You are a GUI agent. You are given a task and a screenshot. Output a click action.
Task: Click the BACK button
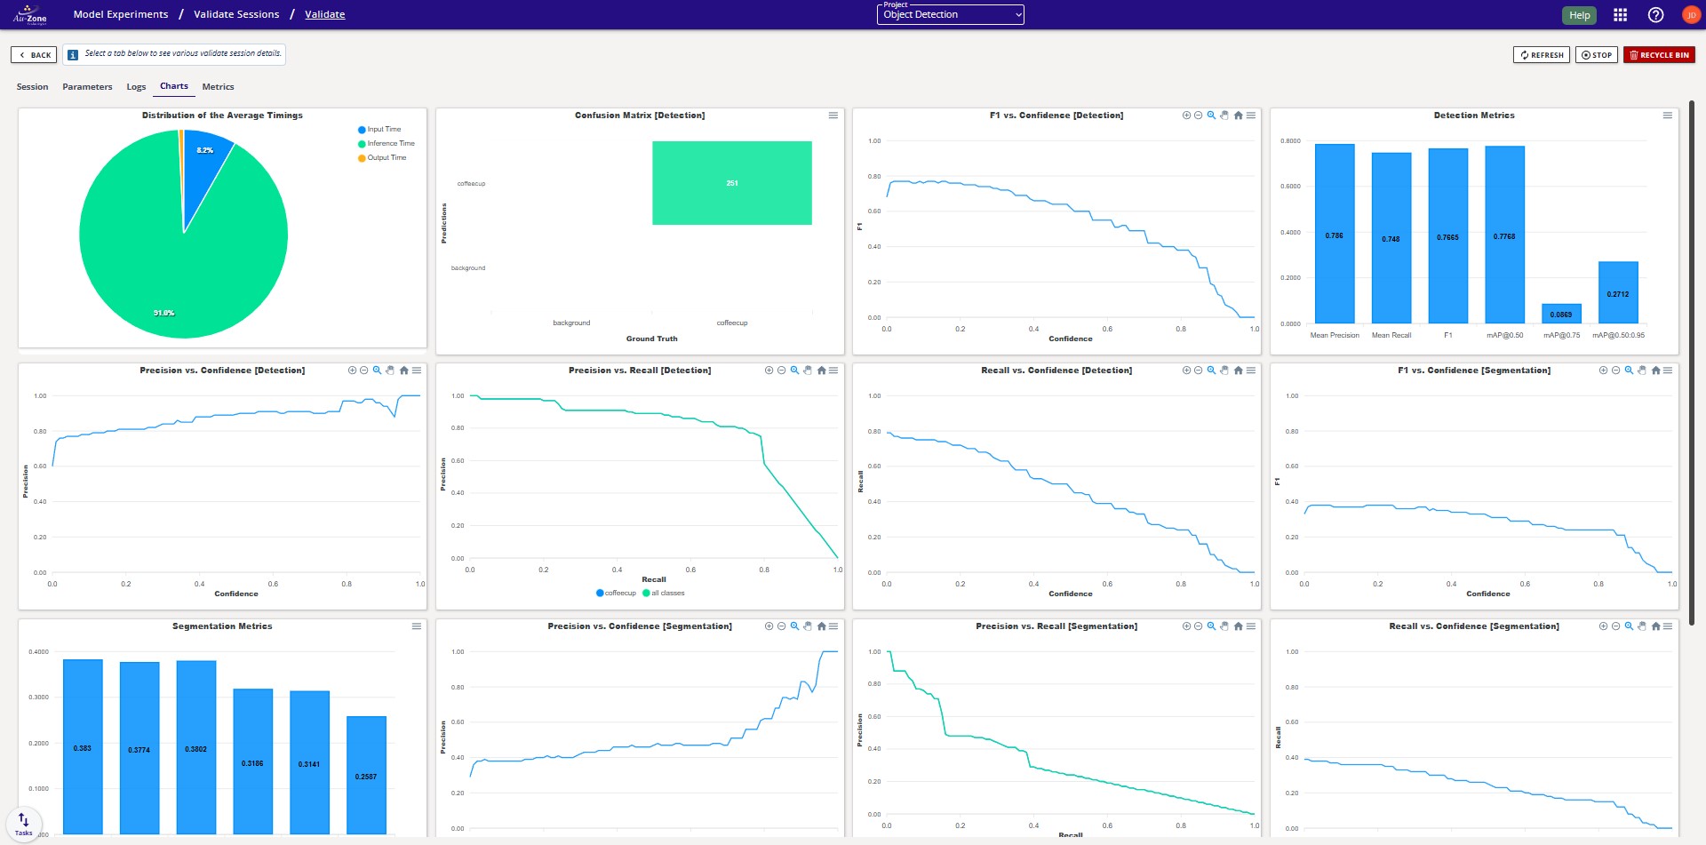point(34,55)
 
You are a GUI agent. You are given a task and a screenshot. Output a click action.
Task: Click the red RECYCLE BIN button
point(1659,55)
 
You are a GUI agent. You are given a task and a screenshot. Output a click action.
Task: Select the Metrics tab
point(218,87)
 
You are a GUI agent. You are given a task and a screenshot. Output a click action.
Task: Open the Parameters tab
point(87,87)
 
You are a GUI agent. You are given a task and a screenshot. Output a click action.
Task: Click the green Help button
point(1579,15)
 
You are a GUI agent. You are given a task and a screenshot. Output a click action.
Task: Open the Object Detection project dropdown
point(950,15)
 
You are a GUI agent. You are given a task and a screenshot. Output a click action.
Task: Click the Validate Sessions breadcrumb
point(236,14)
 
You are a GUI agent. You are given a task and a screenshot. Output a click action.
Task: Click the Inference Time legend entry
point(390,144)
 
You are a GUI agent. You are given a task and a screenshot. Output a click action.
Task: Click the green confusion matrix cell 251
point(731,183)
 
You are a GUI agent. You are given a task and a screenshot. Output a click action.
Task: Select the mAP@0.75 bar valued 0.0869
point(1561,314)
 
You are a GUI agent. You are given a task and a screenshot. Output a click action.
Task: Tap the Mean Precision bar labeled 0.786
point(1334,235)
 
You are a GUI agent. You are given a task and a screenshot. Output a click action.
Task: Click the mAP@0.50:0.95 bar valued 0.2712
point(1617,292)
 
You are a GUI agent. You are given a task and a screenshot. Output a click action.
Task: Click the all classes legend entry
point(667,594)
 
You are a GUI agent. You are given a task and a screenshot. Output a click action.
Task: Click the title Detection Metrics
point(1473,116)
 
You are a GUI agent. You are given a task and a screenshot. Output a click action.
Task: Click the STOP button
point(1596,55)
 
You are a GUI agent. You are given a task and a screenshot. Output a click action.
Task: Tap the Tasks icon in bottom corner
point(23,823)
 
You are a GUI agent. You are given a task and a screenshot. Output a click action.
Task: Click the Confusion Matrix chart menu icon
point(833,116)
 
